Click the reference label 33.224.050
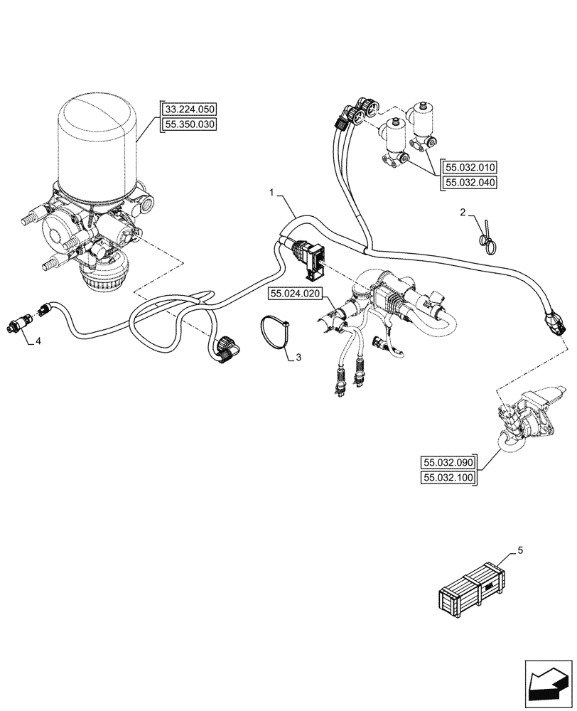[189, 109]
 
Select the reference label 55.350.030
[189, 124]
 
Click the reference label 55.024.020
[296, 293]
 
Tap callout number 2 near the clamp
[463, 212]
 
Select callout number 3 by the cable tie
[298, 358]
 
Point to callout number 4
[38, 341]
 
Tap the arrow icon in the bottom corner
[548, 684]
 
